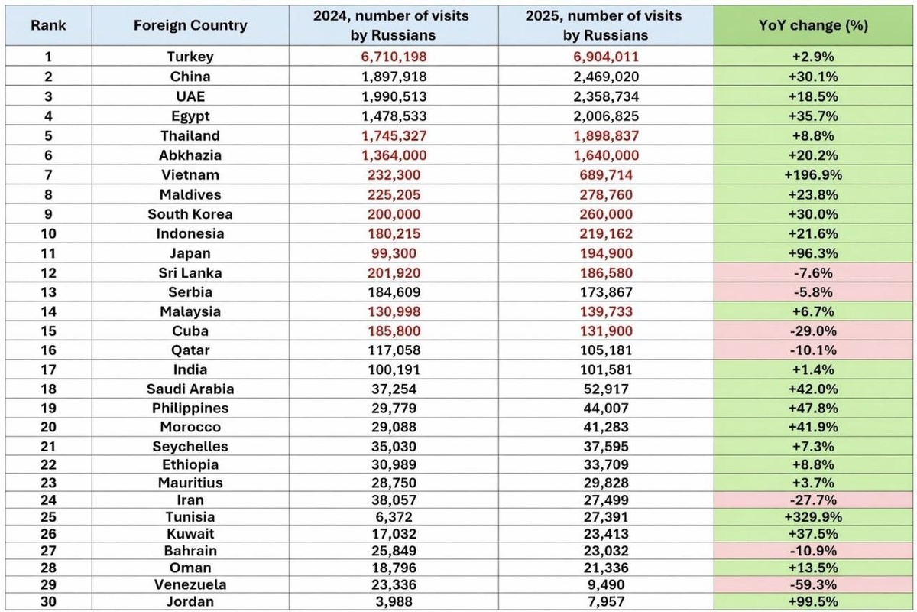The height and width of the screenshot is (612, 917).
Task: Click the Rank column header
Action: (48, 25)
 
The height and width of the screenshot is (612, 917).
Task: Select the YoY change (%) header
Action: (813, 25)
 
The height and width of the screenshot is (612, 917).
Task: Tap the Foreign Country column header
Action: (190, 25)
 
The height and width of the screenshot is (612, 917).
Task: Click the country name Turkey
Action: (190, 57)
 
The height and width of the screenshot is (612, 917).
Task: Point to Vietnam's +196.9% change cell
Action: (813, 174)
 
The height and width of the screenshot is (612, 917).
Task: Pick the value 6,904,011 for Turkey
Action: (606, 57)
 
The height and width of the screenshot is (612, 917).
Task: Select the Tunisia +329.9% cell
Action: (813, 516)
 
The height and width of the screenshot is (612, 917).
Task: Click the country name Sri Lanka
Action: (190, 272)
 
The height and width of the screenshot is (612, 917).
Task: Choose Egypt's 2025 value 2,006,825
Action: (606, 116)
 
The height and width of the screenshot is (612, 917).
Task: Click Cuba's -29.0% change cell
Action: (813, 331)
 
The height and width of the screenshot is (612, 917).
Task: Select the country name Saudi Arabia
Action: (190, 389)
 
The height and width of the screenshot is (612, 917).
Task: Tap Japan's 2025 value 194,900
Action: (606, 253)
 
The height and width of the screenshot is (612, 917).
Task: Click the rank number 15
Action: (48, 331)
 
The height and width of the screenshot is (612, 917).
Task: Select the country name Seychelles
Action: (190, 446)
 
